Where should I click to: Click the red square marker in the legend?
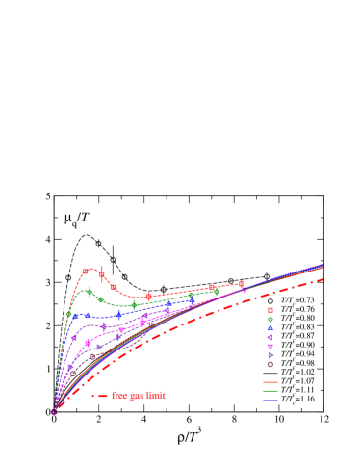pos(270,310)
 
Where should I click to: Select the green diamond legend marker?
pos(270,319)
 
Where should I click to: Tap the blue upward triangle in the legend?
pos(270,328)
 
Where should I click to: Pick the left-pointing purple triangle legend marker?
pos(270,337)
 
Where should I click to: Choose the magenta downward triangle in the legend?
pos(270,347)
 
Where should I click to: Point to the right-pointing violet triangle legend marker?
pos(270,355)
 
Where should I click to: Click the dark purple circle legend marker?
pos(270,364)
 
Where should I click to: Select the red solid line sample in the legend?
pos(270,382)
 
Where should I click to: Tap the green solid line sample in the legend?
pos(270,391)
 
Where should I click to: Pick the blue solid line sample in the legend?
pos(270,401)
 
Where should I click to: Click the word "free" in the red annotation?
pos(120,395)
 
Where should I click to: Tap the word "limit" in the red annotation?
pos(155,395)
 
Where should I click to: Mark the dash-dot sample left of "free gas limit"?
pos(100,395)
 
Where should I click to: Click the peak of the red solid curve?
pos(91,269)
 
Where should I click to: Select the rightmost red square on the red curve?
pos(242,283)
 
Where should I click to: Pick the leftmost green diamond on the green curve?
pos(68,314)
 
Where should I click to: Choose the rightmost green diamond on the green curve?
pos(216,292)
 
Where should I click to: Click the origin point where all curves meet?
pos(54,412)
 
